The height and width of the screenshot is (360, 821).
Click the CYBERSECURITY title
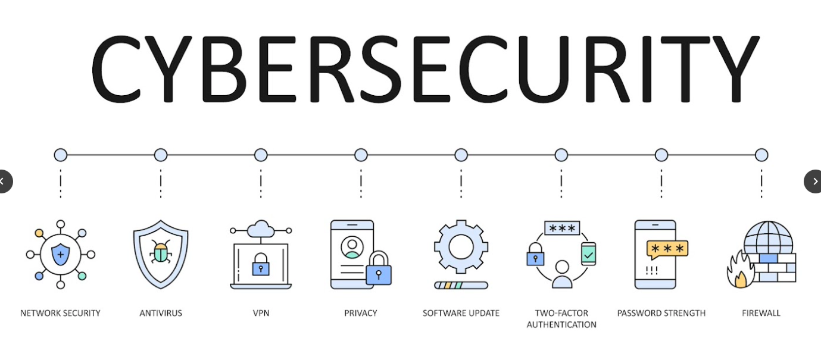(x=425, y=69)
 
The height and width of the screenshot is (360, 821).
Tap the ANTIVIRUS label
(x=161, y=313)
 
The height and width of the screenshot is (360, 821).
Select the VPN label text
(x=261, y=313)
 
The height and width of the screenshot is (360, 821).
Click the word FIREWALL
(x=761, y=313)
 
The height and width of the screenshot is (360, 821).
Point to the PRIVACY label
(x=361, y=313)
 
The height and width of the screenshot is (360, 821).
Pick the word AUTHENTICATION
(x=561, y=325)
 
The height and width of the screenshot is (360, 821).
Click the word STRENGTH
(x=684, y=313)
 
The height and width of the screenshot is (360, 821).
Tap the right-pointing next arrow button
(x=813, y=181)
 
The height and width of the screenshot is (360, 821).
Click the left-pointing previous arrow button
(x=5, y=181)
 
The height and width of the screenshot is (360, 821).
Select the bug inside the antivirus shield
(x=161, y=252)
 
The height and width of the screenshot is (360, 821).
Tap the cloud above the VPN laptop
(x=261, y=229)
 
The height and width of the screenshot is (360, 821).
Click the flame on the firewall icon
(x=739, y=270)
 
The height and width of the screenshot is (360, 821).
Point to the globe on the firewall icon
(x=768, y=237)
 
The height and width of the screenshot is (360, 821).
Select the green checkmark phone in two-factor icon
(x=589, y=253)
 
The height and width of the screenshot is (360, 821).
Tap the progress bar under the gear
(x=461, y=285)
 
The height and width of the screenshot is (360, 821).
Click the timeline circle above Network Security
(x=61, y=155)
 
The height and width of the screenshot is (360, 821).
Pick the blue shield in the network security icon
(x=61, y=255)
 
